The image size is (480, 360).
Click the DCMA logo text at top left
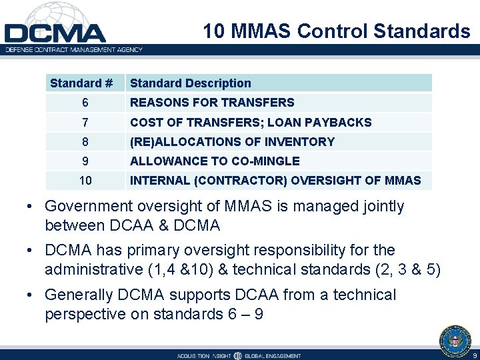(x=55, y=33)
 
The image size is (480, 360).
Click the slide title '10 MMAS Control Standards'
(x=336, y=31)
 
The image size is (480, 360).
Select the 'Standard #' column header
(x=81, y=83)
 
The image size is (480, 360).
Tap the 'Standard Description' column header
(x=191, y=83)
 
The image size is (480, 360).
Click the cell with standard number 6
(x=85, y=103)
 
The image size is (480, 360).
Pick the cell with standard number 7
(x=85, y=123)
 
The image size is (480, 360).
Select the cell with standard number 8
(x=85, y=142)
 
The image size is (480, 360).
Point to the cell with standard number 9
(x=85, y=161)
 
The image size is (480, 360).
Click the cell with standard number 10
(x=85, y=181)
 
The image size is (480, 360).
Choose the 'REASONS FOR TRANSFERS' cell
(x=212, y=103)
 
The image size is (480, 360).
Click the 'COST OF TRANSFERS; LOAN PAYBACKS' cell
(x=251, y=123)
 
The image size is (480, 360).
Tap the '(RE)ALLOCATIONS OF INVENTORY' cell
(x=232, y=142)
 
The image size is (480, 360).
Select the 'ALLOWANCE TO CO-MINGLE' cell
(x=215, y=161)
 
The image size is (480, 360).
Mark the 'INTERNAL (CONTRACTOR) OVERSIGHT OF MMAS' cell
(x=275, y=181)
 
